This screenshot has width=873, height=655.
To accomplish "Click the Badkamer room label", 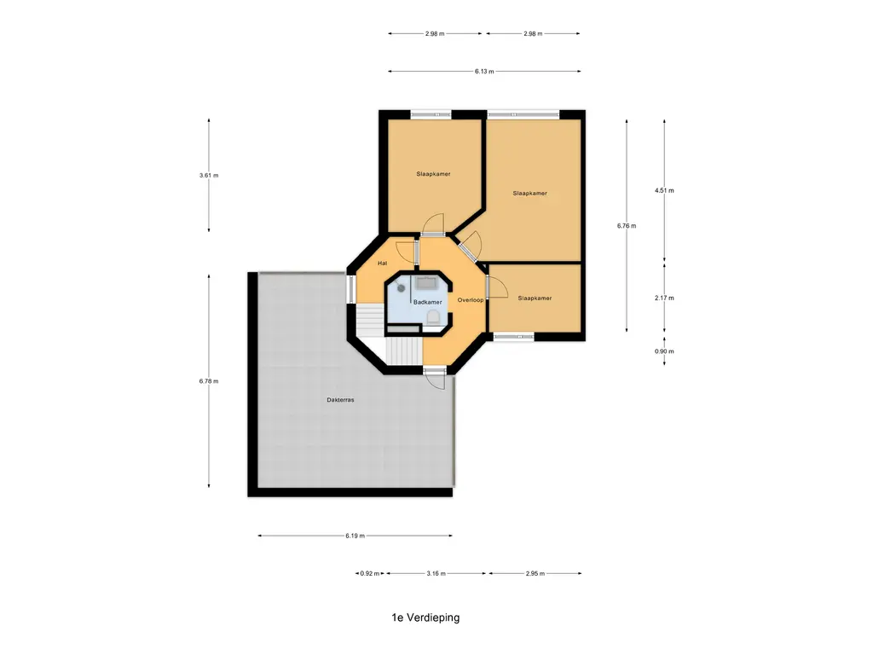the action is [428, 303].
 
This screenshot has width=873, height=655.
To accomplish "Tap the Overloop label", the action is [471, 300].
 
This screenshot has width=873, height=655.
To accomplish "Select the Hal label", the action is [383, 264].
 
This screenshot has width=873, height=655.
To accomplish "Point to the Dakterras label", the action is [340, 400].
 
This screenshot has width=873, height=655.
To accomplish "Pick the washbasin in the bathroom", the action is [427, 282].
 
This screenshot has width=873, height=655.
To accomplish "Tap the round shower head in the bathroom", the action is [401, 288].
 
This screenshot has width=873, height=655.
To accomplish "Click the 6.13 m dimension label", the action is [484, 72].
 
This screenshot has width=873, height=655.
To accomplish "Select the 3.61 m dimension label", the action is [209, 176].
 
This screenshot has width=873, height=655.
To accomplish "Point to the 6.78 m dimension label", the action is [209, 381].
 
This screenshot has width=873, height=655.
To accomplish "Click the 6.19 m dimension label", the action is [355, 536].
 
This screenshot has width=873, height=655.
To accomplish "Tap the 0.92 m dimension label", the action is [370, 573].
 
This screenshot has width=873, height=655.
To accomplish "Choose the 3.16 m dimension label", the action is [436, 573].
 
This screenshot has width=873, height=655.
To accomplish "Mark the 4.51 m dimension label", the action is [664, 190].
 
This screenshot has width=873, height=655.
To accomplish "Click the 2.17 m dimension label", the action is [664, 298].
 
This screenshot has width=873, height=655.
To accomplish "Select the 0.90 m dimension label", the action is [664, 351].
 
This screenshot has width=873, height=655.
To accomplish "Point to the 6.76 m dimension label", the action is [627, 226].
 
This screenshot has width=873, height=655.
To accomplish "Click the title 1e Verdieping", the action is [426, 617].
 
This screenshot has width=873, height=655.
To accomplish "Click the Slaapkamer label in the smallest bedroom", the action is [535, 299].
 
